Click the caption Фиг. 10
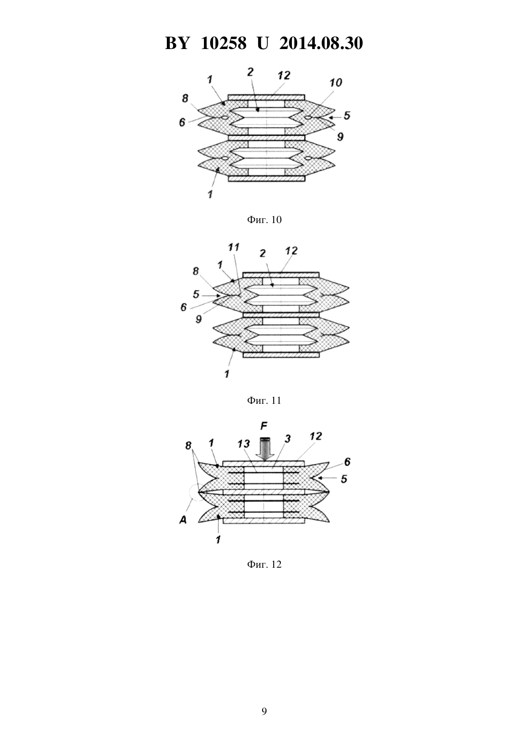pyautogui.click(x=264, y=220)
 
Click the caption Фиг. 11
pyautogui.click(x=264, y=400)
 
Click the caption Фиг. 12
pyautogui.click(x=264, y=564)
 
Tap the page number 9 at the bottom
pyautogui.click(x=264, y=711)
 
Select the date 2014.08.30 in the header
pyautogui.click(x=321, y=43)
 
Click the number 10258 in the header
pyautogui.click(x=224, y=43)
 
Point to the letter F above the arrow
pyautogui.click(x=264, y=426)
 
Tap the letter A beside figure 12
pyautogui.click(x=183, y=520)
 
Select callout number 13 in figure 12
pyautogui.click(x=243, y=444)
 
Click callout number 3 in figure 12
pyautogui.click(x=287, y=439)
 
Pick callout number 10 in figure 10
pyautogui.click(x=336, y=83)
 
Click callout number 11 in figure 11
pyautogui.click(x=234, y=247)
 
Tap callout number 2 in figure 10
pyautogui.click(x=250, y=72)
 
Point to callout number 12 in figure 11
pyautogui.click(x=291, y=251)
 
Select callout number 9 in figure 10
pyautogui.click(x=340, y=136)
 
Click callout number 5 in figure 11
pyautogui.click(x=196, y=294)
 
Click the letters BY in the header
pyautogui.click(x=177, y=43)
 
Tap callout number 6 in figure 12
pyautogui.click(x=347, y=462)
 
